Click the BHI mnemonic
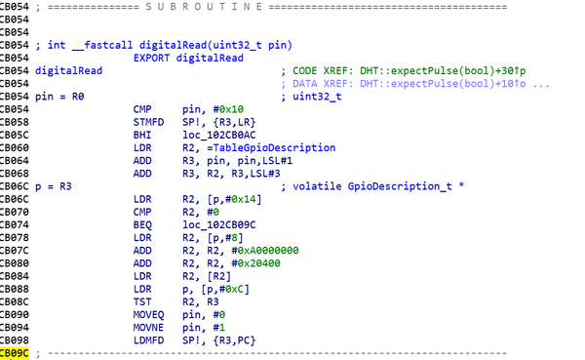(x=142, y=135)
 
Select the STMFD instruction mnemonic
(x=148, y=122)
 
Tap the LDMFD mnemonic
(x=148, y=340)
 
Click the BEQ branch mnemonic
(x=142, y=224)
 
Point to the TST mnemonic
(x=142, y=301)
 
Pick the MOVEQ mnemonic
(x=148, y=315)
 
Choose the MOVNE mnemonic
(x=148, y=328)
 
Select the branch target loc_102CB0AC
(x=219, y=135)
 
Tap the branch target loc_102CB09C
(x=219, y=224)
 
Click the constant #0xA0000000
(x=265, y=250)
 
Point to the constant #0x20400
(x=255, y=263)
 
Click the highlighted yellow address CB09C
(x=15, y=353)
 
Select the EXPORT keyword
(x=151, y=58)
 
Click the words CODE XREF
(x=323, y=70)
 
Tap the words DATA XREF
(x=323, y=83)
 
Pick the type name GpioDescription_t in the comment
(x=400, y=186)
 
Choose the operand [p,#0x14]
(x=234, y=199)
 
